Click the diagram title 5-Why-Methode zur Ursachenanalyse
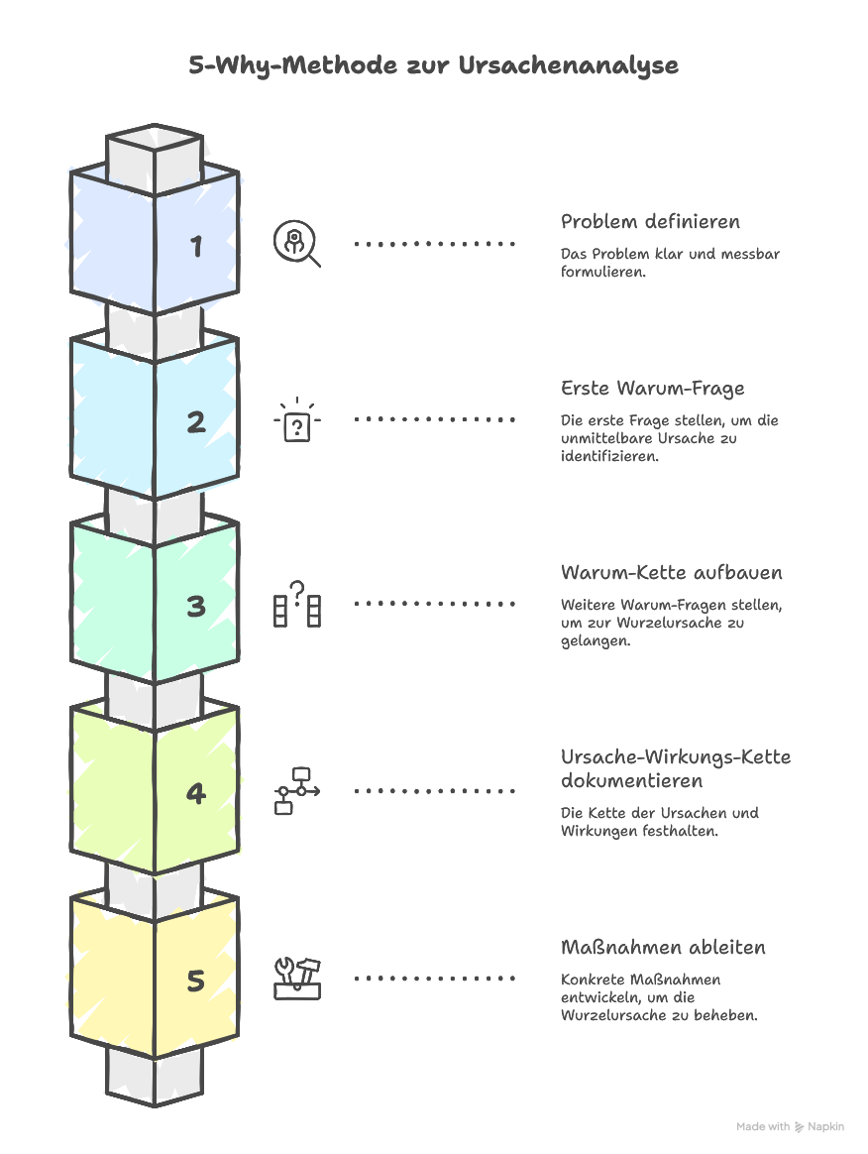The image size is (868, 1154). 434,65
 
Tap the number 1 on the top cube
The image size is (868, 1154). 197,246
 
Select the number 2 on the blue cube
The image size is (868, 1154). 196,422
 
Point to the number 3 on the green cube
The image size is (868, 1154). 196,606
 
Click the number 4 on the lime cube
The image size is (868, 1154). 196,793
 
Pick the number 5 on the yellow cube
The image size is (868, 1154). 196,981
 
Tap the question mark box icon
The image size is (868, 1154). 297,421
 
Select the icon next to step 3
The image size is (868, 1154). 297,604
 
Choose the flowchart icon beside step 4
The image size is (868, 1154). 296,791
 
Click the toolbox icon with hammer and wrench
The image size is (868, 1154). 297,979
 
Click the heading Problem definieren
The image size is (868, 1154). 650,222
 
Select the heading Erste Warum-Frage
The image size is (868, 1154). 652,388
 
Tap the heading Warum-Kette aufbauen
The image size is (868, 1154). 671,573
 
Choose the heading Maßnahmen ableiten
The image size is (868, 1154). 663,948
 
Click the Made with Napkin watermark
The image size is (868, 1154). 790,1127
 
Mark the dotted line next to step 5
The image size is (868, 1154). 435,979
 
